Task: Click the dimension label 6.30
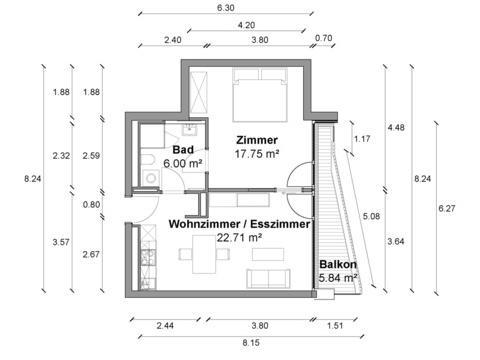click(x=226, y=8)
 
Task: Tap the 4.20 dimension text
click(x=246, y=25)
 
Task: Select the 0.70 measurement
click(x=323, y=38)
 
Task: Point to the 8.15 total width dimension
click(x=251, y=343)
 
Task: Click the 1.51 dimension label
click(x=335, y=325)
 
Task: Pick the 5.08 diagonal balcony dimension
click(x=371, y=216)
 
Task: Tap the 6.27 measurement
click(x=447, y=208)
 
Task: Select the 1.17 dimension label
click(x=362, y=139)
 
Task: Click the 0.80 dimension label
click(x=91, y=204)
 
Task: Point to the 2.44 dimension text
click(x=165, y=325)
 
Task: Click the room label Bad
click(x=183, y=150)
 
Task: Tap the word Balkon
click(x=338, y=264)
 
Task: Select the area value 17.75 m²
click(x=257, y=154)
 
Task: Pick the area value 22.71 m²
click(x=239, y=238)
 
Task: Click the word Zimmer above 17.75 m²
click(x=257, y=140)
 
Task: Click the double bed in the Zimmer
click(x=260, y=95)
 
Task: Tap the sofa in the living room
click(x=268, y=279)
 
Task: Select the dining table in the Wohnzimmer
click(x=204, y=254)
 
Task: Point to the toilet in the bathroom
click(x=147, y=160)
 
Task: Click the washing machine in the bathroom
click(x=150, y=177)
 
